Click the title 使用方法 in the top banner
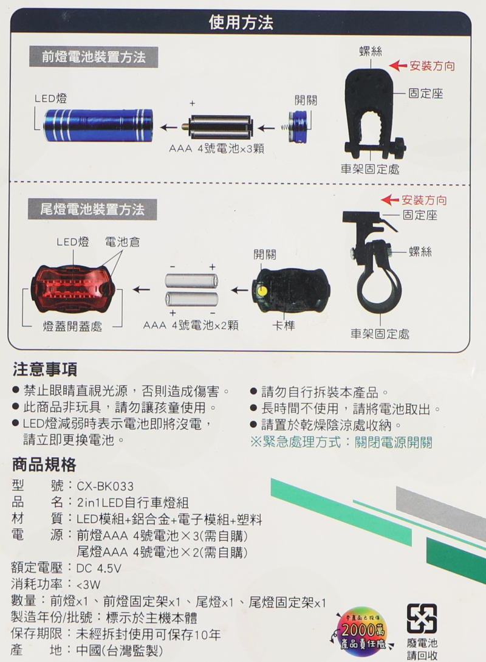[x=241, y=22]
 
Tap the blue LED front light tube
[x=99, y=125]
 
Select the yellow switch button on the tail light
[x=262, y=291]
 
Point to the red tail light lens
[x=72, y=290]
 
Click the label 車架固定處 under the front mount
[x=370, y=170]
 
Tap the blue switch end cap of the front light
[x=299, y=126]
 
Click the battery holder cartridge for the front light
[x=217, y=126]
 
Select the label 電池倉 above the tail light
[x=122, y=242]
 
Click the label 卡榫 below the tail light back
[x=284, y=325]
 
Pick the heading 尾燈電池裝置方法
[x=92, y=209]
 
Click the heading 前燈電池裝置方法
[x=94, y=57]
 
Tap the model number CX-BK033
[x=105, y=486]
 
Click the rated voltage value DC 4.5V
[x=98, y=568]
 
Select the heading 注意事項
[x=45, y=370]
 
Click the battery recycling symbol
[x=422, y=618]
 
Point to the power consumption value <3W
[x=89, y=585]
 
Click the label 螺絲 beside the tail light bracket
[x=420, y=252]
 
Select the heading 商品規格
[x=44, y=464]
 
